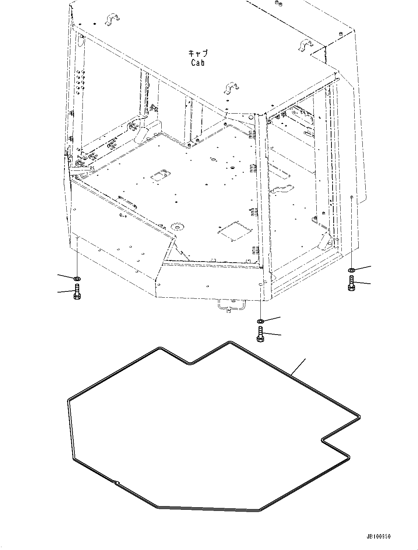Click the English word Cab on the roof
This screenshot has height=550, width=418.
tap(198, 63)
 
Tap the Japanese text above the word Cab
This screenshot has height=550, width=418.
tap(198, 53)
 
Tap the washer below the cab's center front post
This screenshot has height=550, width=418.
tap(260, 321)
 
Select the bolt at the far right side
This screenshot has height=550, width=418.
tap(351, 283)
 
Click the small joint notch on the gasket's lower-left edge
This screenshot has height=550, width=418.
tap(116, 482)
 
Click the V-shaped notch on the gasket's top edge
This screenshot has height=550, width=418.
tap(190, 363)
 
